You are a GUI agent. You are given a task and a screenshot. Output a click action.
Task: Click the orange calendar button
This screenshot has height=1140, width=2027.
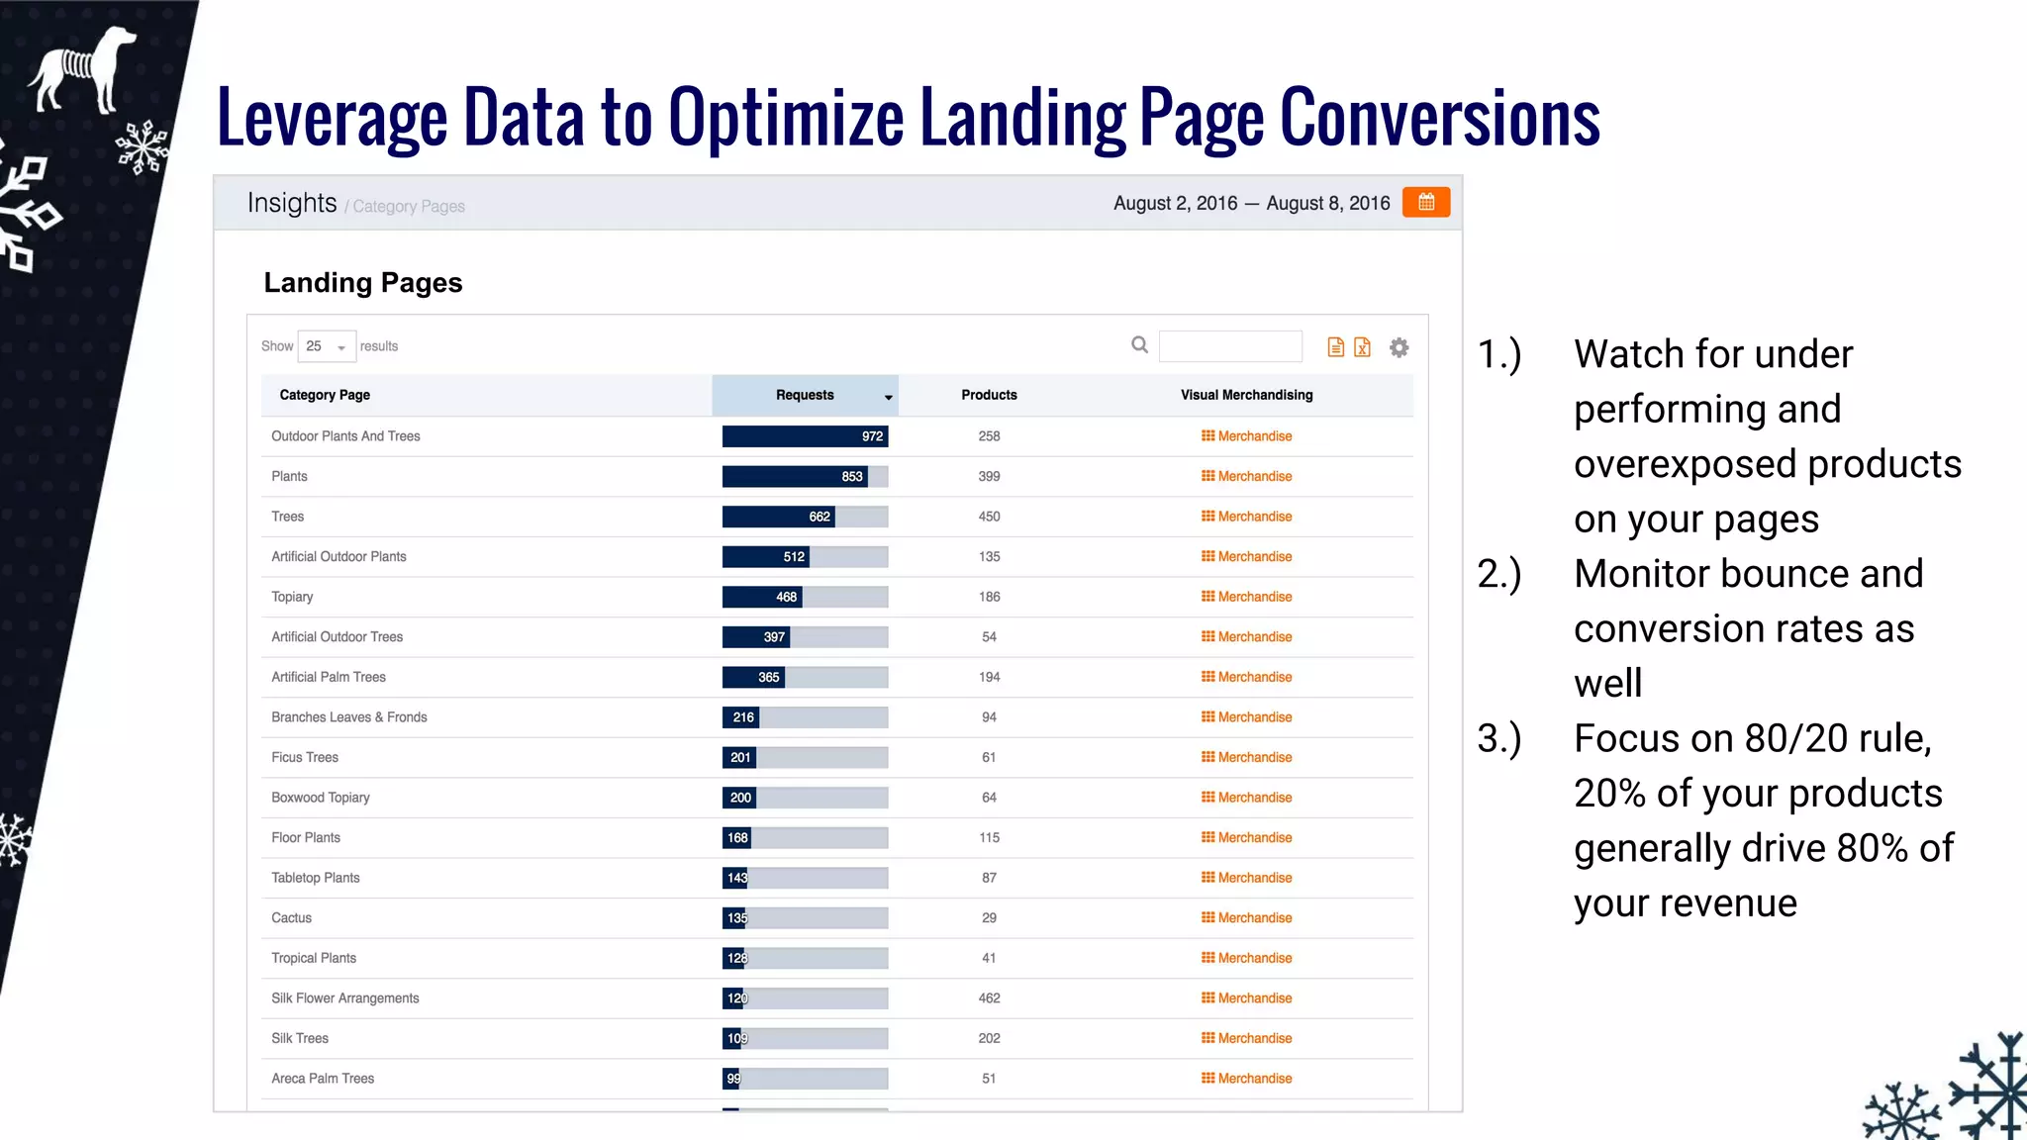pos(1425,202)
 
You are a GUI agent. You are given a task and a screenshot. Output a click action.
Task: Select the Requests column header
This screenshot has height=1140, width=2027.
pos(805,395)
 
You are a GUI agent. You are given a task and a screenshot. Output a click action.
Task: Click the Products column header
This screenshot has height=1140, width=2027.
pos(989,395)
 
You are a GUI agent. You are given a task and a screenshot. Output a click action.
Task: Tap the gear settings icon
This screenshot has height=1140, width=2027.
pos(1399,347)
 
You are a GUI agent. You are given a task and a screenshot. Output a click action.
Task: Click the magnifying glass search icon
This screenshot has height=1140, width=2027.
pos(1140,344)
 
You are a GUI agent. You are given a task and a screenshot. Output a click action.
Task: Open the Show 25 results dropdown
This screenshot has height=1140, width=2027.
pos(326,346)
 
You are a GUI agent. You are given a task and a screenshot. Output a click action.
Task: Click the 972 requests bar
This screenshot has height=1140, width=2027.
pos(805,436)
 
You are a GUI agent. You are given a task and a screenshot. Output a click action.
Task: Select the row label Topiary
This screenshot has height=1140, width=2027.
pos(292,597)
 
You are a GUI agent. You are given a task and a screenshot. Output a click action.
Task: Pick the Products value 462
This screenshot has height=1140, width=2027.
pos(989,997)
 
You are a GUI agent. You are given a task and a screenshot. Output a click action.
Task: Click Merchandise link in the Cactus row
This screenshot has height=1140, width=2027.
pos(1247,917)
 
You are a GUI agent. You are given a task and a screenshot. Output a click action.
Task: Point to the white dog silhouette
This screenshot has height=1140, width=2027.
pos(83,69)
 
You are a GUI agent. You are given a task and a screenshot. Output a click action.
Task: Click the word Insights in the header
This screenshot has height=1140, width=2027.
pos(292,203)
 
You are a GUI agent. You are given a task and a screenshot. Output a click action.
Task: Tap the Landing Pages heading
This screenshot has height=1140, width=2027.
pos(363,283)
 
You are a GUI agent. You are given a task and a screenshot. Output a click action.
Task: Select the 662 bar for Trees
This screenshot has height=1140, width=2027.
pos(778,517)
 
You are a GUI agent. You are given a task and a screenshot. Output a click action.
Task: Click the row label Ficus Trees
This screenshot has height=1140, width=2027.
pos(305,757)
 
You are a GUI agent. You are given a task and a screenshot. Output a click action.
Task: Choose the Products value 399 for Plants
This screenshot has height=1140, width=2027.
pos(989,476)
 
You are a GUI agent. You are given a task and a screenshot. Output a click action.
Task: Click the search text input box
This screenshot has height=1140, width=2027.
pos(1230,346)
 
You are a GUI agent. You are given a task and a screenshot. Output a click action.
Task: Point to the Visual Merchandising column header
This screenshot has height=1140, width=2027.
pos(1246,395)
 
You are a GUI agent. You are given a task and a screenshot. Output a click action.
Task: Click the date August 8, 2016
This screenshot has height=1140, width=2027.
pos(1327,203)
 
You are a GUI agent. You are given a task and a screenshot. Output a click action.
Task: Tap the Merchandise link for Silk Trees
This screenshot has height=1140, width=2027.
pos(1247,1038)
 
